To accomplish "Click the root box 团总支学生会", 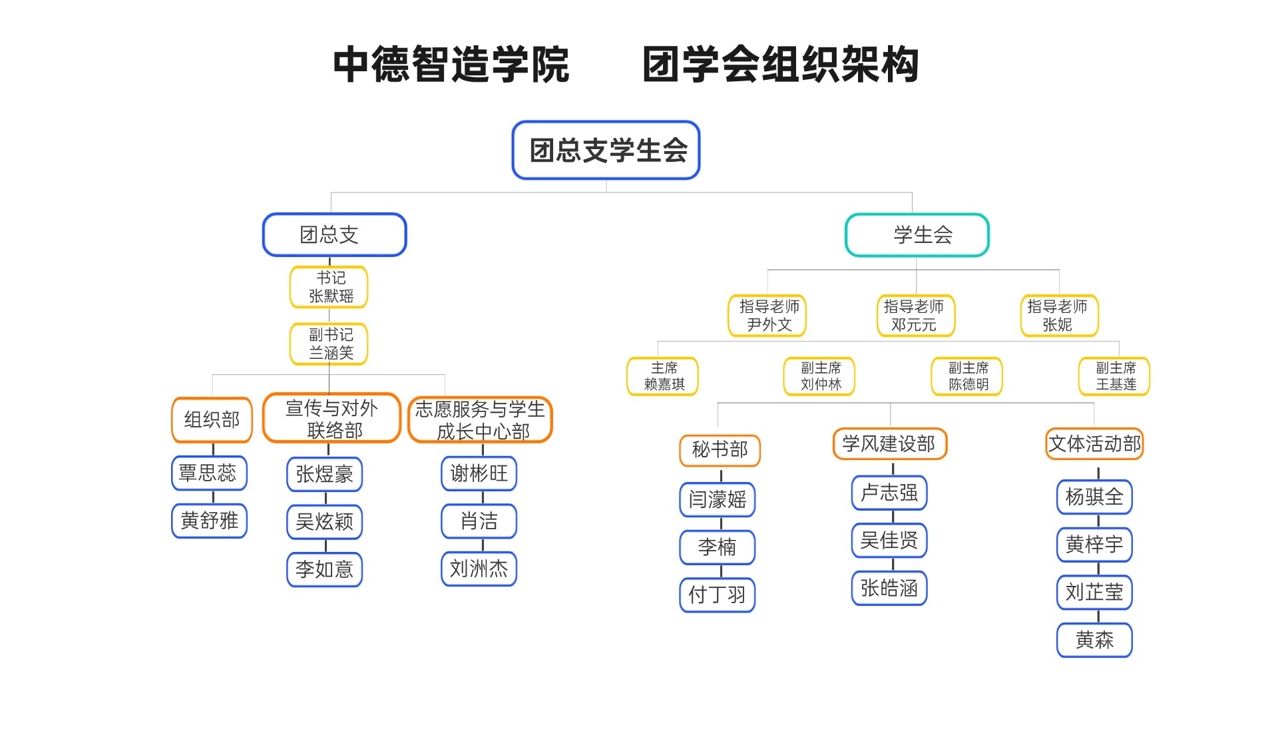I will tap(606, 150).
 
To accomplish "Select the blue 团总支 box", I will tap(334, 235).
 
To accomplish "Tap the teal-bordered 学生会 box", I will tap(917, 235).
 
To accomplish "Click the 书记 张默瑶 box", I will tap(329, 287).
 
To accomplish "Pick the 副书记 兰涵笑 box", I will tap(329, 344).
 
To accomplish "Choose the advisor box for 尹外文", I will tap(767, 316).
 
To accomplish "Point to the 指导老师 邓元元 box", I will tap(916, 316).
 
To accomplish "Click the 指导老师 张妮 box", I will tap(1059, 316).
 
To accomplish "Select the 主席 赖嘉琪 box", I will tap(663, 377).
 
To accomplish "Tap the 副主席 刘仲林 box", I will tap(819, 377).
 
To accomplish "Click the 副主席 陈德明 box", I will tap(966, 377).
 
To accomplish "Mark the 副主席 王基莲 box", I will tap(1114, 377).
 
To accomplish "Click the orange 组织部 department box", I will tap(212, 420).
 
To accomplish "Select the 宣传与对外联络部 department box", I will tap(331, 419).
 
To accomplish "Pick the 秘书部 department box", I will tap(720, 450).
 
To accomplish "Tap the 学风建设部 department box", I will tap(889, 444).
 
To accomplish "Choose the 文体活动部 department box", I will tap(1094, 444).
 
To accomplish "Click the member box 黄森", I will tap(1094, 640).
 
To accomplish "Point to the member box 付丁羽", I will tap(717, 595).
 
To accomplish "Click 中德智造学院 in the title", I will tap(451, 65).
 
